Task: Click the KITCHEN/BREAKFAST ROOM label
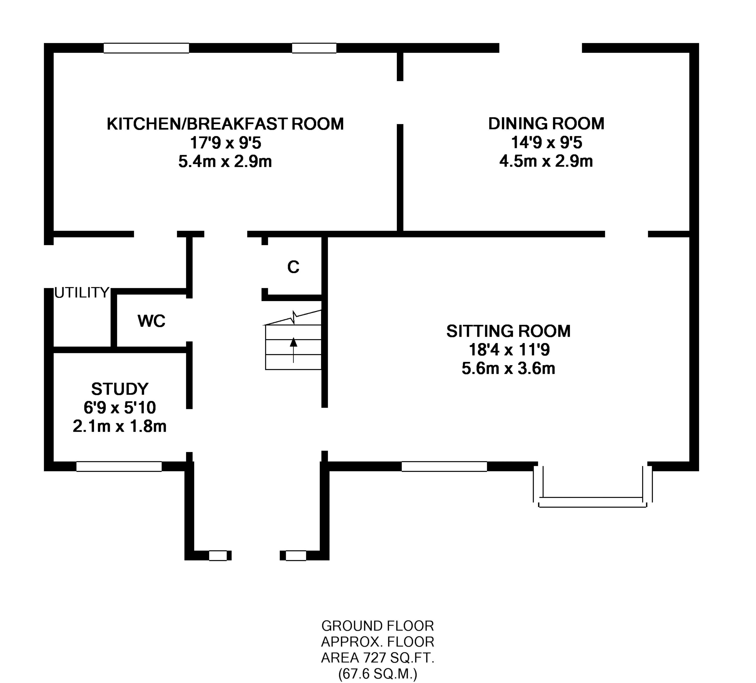[225, 124]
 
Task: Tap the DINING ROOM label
[546, 124]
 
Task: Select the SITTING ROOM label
[509, 331]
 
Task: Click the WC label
[151, 321]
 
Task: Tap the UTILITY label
[82, 292]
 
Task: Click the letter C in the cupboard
[293, 267]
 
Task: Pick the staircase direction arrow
[293, 350]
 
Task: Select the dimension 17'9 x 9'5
[225, 143]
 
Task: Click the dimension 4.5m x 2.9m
[546, 161]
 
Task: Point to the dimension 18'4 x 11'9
[509, 350]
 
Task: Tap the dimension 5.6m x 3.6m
[509, 369]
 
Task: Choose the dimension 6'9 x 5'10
[120, 407]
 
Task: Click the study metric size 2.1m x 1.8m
[120, 426]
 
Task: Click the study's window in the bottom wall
[119, 466]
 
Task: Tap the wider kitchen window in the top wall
[146, 48]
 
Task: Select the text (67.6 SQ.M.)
[378, 674]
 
